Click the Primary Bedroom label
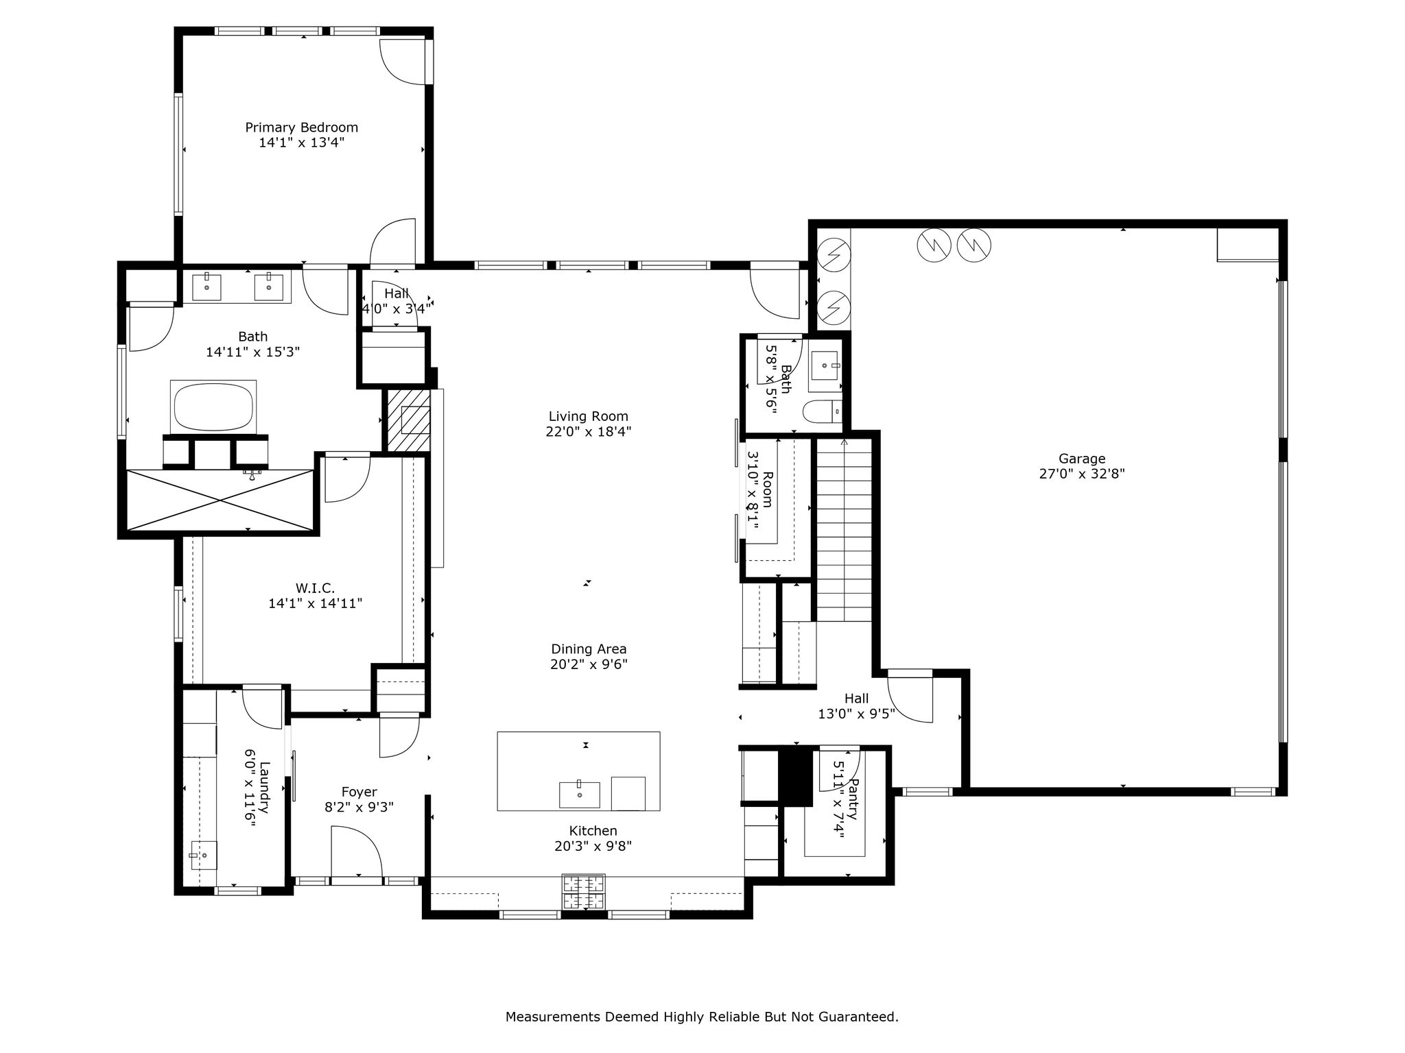(x=302, y=128)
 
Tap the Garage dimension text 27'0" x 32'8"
(x=1082, y=474)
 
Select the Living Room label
(x=589, y=416)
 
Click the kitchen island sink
(x=580, y=794)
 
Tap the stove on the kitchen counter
(x=584, y=892)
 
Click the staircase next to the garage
(x=843, y=529)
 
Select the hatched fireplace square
(x=409, y=420)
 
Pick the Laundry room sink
(x=204, y=855)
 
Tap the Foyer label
(x=359, y=792)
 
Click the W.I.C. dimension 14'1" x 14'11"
(x=316, y=603)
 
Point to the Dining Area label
(x=589, y=649)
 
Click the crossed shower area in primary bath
(x=220, y=500)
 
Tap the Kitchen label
(x=593, y=831)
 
